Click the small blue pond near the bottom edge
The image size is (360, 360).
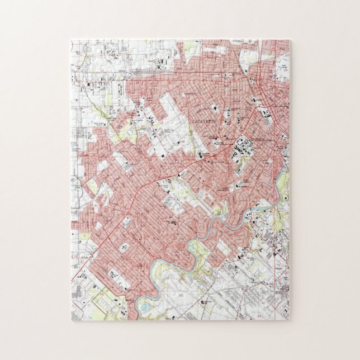click(146, 307)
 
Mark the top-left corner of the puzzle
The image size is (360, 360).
click(72, 40)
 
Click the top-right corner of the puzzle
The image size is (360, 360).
click(290, 40)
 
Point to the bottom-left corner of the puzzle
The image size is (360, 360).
click(72, 320)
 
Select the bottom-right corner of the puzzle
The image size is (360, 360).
click(290, 320)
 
